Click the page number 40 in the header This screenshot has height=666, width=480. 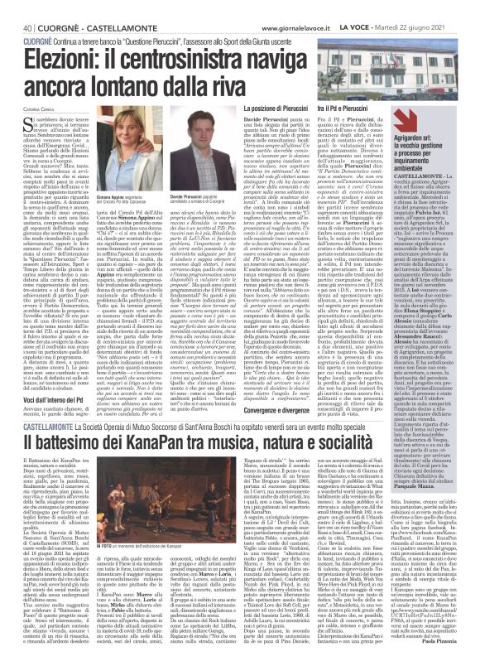15,7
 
